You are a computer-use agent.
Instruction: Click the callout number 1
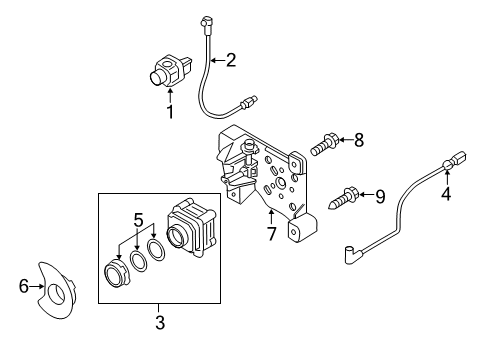170,112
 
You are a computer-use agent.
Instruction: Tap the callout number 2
231,60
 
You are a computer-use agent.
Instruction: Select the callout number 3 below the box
160,322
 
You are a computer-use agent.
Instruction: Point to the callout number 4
446,194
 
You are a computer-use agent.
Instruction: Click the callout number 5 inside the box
138,220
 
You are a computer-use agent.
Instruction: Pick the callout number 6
24,286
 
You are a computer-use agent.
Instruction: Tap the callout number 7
272,234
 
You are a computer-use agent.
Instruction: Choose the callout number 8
359,140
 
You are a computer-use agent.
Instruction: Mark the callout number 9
380,197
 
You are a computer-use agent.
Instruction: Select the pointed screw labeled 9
343,197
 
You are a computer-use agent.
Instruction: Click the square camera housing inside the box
191,227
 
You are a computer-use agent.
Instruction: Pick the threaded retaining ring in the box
115,274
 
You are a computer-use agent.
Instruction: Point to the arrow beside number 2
217,60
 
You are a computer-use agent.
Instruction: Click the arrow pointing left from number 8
346,140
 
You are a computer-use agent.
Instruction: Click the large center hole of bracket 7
279,183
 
